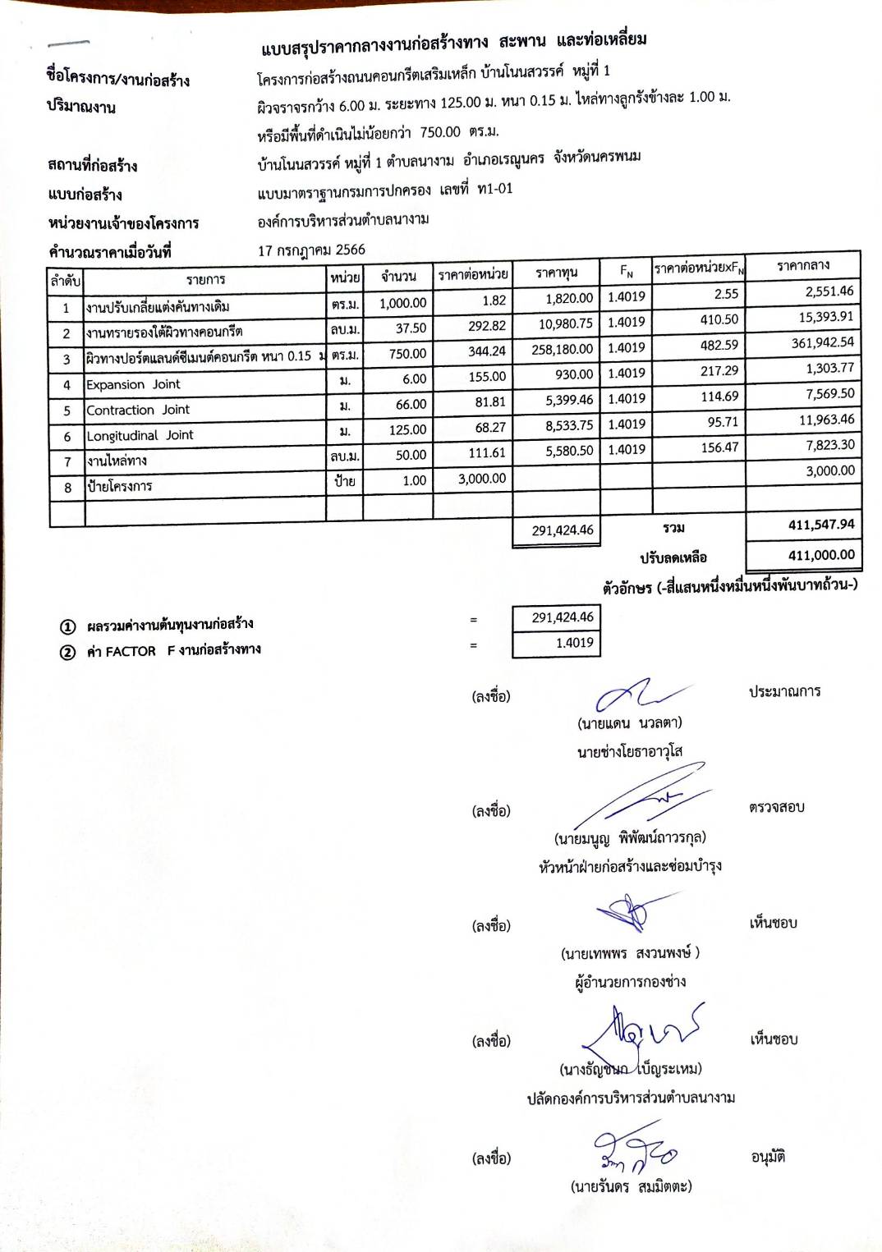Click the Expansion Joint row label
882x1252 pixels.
[133, 384]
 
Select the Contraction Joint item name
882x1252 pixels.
[138, 410]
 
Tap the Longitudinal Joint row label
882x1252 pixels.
[140, 435]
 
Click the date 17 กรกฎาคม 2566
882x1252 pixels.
[311, 250]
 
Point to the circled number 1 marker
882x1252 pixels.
[68, 627]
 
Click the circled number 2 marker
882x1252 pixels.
[68, 653]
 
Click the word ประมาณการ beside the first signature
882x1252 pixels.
[784, 691]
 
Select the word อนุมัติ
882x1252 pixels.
[768, 1157]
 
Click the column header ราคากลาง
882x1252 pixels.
[802, 265]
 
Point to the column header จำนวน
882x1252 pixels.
[398, 277]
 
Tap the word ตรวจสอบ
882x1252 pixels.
[776, 807]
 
